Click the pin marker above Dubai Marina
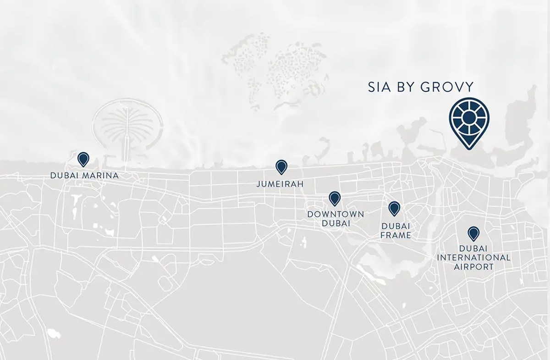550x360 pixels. [83, 159]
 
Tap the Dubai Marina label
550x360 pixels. [84, 175]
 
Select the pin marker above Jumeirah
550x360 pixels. [281, 166]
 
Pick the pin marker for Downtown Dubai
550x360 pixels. [335, 198]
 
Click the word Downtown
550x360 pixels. [335, 214]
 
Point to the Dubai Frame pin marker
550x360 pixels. [394, 208]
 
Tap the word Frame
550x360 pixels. [396, 235]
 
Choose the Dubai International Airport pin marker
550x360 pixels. [473, 233]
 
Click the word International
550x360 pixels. [473, 258]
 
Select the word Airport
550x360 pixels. [473, 266]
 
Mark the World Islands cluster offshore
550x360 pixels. [275, 69]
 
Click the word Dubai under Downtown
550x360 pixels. [335, 223]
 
